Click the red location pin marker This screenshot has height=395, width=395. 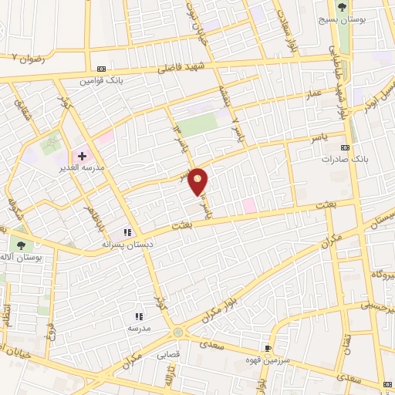coord(199,182)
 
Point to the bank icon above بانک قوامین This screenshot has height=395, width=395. coord(103,68)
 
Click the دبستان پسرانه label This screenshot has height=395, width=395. coord(119,243)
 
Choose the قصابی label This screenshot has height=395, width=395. coord(168,356)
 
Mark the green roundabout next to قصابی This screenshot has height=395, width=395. coord(179,332)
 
